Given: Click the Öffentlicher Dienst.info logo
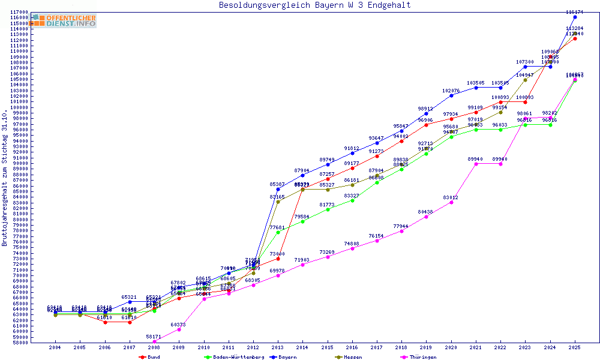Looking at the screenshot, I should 64,21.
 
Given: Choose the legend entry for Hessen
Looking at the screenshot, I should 352,357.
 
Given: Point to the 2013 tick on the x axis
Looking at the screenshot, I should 278,347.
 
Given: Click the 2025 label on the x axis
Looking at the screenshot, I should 575,347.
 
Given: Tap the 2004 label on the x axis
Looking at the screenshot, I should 55,347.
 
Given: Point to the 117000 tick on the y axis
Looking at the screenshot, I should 20,12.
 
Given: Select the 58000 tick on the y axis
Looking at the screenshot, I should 20,343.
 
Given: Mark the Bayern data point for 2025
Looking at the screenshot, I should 575,17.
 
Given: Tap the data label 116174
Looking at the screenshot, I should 575,12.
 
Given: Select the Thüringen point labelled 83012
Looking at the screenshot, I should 451,202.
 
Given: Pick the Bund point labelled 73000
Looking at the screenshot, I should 278,259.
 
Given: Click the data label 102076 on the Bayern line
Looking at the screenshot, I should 451,91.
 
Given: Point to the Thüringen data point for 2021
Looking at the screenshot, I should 476,163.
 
